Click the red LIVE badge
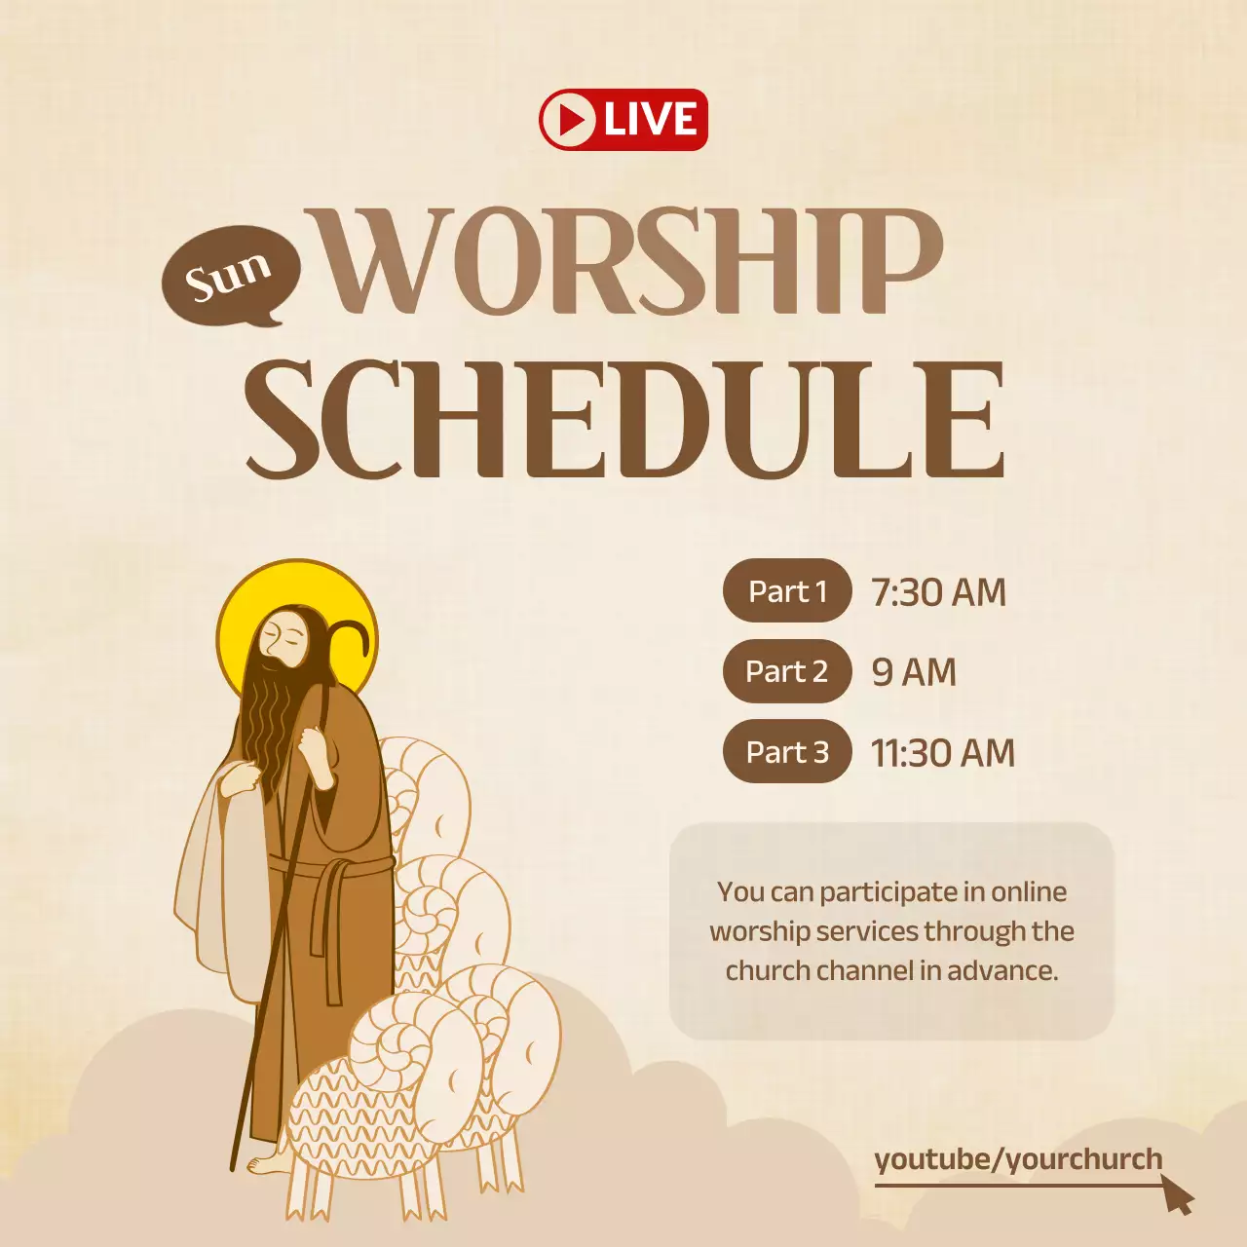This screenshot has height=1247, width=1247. pyautogui.click(x=623, y=120)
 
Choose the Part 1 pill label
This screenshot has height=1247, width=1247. pyautogui.click(x=787, y=590)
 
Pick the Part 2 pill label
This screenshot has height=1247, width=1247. pyautogui.click(x=786, y=671)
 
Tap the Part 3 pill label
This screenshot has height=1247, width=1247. pyautogui.click(x=786, y=752)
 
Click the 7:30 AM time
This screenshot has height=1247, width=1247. pyautogui.click(x=938, y=592)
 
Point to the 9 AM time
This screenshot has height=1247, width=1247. pyautogui.click(x=914, y=672)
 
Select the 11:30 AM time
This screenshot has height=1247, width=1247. pyautogui.click(x=942, y=753)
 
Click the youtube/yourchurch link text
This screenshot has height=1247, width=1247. pyautogui.click(x=1018, y=1159)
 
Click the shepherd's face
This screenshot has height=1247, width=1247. pyautogui.click(x=284, y=639)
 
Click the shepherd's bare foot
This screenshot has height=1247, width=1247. pyautogui.click(x=266, y=1163)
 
